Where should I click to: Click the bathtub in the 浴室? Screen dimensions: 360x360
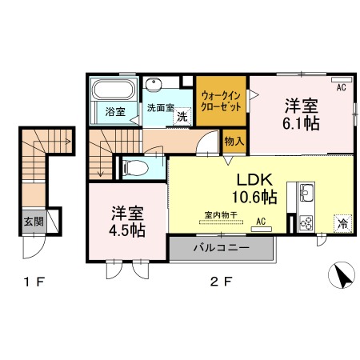pyautogui.click(x=114, y=90)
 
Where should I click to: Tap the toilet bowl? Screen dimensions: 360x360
pyautogui.click(x=135, y=168)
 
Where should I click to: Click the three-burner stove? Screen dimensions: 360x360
pyautogui.click(x=306, y=222)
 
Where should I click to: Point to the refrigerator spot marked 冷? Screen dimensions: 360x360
pyautogui.click(x=343, y=223)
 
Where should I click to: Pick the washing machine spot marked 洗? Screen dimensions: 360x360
pyautogui.click(x=182, y=117)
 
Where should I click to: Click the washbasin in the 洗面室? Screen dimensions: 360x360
pyautogui.click(x=154, y=83)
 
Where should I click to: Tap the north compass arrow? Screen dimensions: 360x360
pyautogui.click(x=342, y=275)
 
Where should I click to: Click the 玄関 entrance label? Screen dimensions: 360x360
pyautogui.click(x=34, y=222)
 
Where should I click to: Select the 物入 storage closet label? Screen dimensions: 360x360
pyautogui.click(x=234, y=141)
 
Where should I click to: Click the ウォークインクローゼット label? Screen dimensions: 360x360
pyautogui.click(x=221, y=102)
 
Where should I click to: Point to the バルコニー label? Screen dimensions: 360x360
pyautogui.click(x=222, y=248)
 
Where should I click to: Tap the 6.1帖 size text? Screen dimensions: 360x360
pyautogui.click(x=301, y=123)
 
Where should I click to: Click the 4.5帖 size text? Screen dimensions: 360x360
pyautogui.click(x=127, y=230)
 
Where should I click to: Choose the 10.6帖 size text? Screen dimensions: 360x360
pyautogui.click(x=254, y=197)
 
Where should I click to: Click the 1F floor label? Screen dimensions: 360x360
pyautogui.click(x=34, y=282)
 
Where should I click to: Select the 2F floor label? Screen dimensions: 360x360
pyautogui.click(x=222, y=282)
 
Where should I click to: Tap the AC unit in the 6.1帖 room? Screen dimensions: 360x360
pyautogui.click(x=342, y=79)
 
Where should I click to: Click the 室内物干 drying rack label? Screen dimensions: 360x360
pyautogui.click(x=221, y=215)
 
